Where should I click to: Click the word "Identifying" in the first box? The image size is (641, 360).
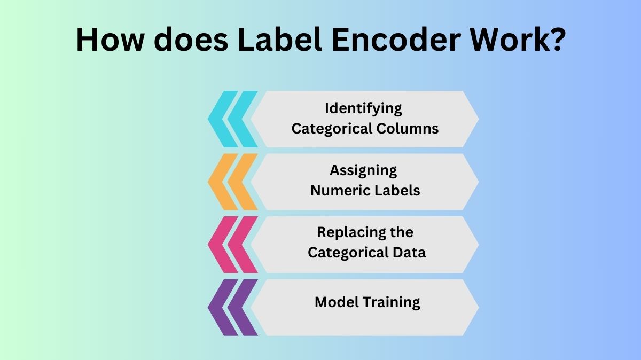click(x=363, y=109)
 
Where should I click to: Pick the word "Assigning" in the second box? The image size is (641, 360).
click(x=363, y=170)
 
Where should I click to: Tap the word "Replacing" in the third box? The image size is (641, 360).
click(x=342, y=232)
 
